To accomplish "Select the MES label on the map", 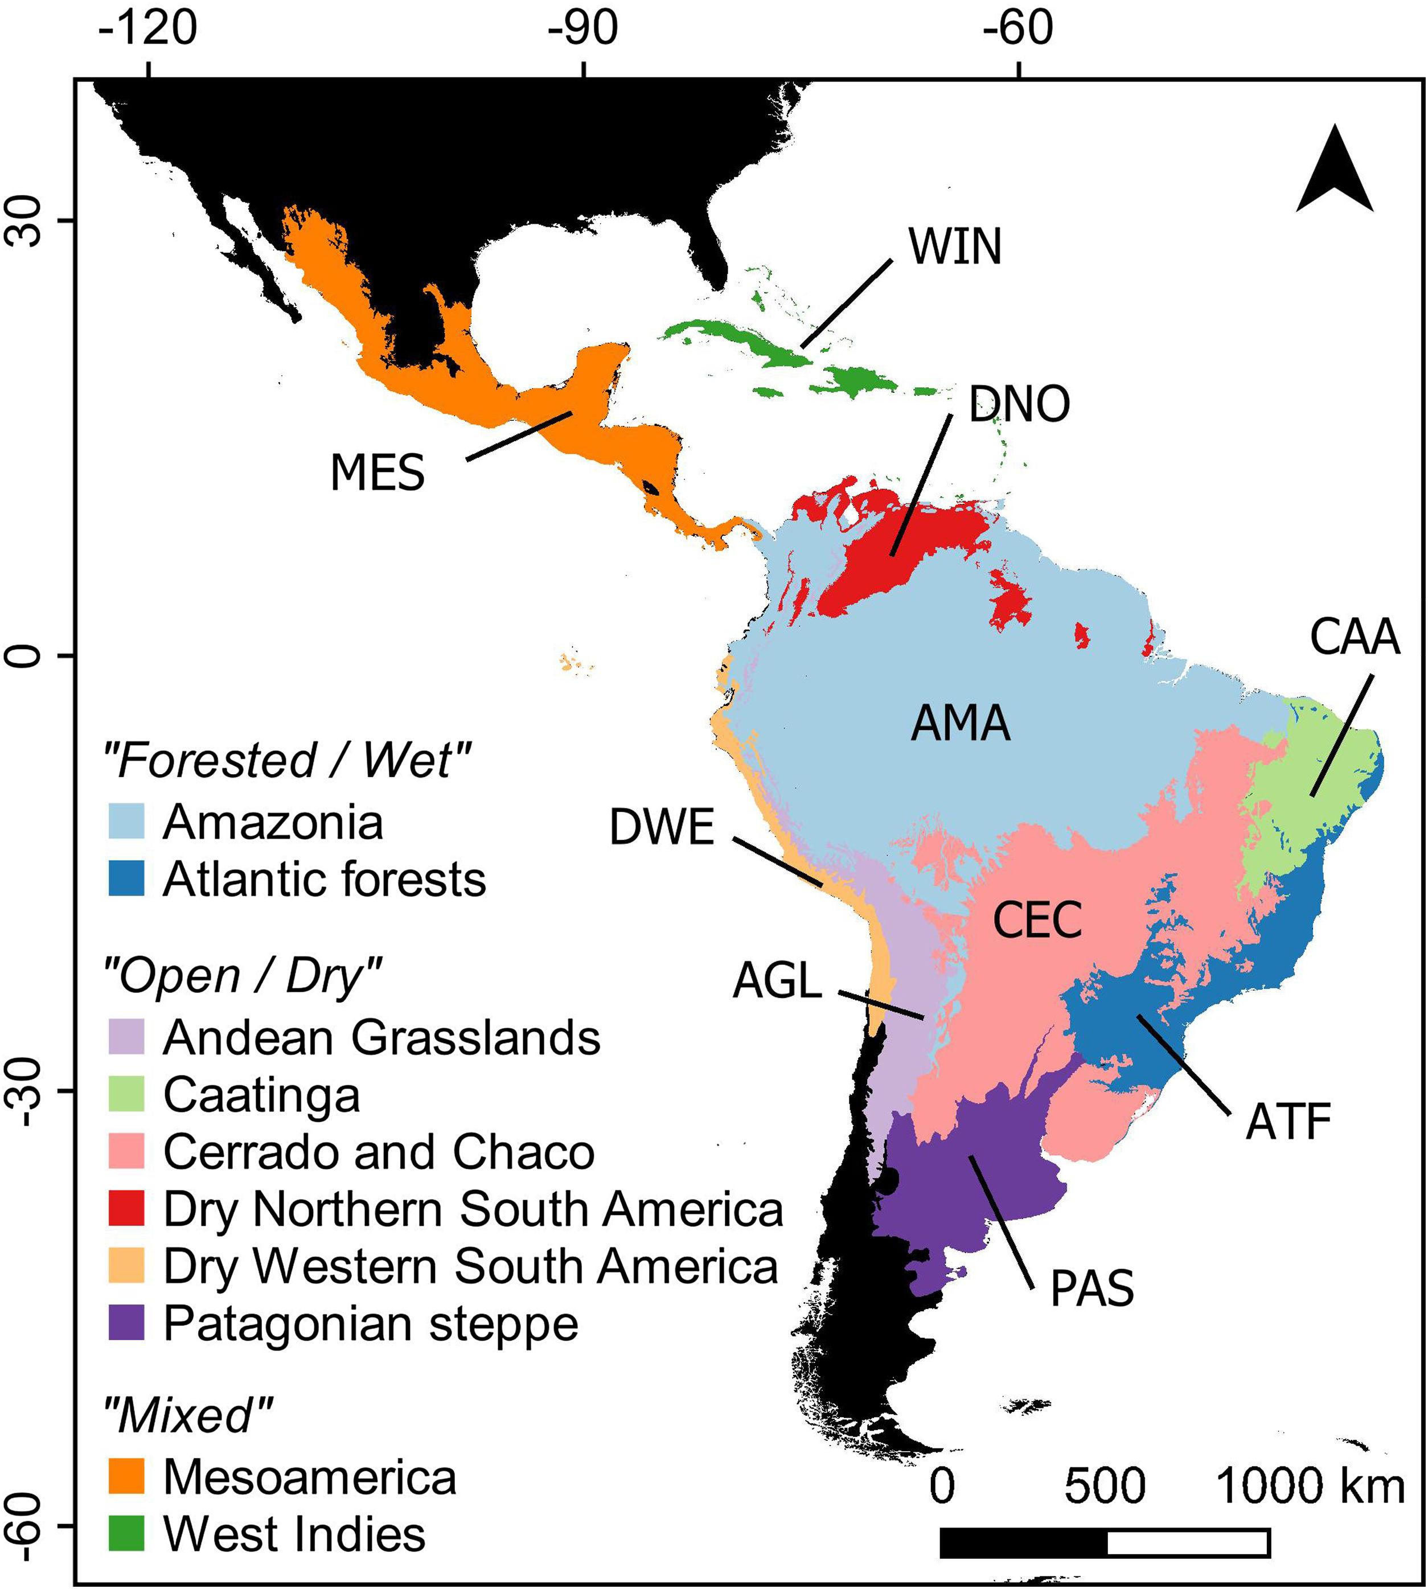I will point(377,473).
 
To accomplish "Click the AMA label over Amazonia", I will point(961,724).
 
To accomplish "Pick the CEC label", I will point(1037,921).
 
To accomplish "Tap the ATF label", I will point(1289,1123).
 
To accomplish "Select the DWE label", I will point(662,828).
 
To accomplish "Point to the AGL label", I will point(777,982).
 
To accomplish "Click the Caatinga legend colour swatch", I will point(125,1095).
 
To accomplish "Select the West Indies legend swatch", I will point(125,1534).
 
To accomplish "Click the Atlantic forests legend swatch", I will point(125,880).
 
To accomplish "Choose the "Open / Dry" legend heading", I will point(243,977).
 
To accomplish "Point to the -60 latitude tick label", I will point(28,1525).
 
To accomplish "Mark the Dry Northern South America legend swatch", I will point(125,1209).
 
